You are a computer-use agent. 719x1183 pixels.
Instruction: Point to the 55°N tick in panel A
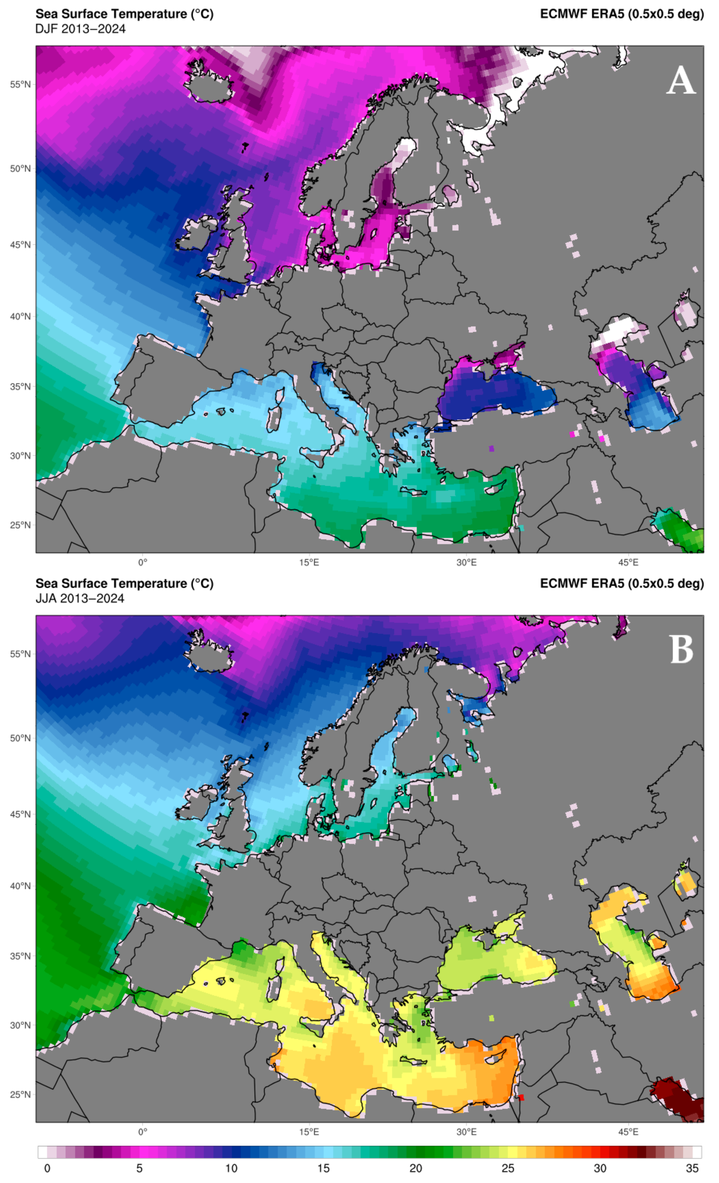[20, 85]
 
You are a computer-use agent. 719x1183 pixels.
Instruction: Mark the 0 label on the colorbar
[47, 1168]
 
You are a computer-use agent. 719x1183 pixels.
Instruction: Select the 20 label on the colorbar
[416, 1168]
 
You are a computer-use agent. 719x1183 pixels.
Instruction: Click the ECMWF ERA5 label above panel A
[622, 14]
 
